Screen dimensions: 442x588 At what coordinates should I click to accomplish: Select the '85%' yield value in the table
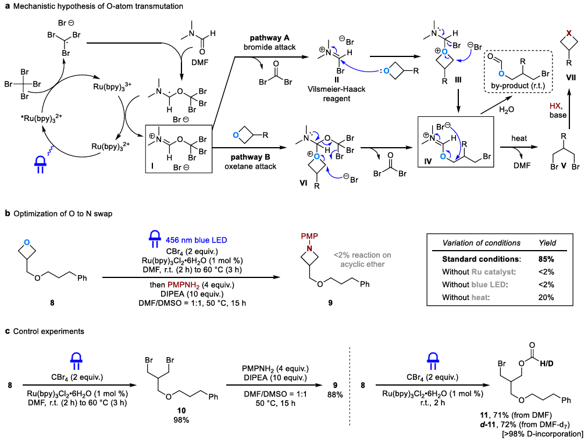click(x=546, y=257)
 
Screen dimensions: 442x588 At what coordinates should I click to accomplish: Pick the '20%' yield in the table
click(x=546, y=297)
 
